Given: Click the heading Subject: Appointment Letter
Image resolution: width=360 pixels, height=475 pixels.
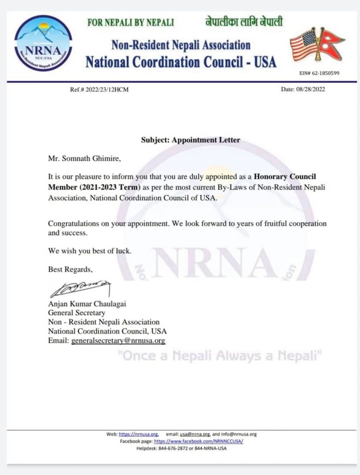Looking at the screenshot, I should pos(191,140).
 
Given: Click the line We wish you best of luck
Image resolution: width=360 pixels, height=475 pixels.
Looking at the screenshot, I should pos(90,251).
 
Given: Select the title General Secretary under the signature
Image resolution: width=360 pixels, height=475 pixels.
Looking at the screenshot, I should pos(77,313).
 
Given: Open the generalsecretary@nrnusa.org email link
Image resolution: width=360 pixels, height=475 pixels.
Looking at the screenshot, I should pos(118,340).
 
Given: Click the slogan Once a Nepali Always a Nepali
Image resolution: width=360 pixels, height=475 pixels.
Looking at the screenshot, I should pos(219,357).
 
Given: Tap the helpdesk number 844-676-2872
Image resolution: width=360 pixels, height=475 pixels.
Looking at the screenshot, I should pos(175,449).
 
